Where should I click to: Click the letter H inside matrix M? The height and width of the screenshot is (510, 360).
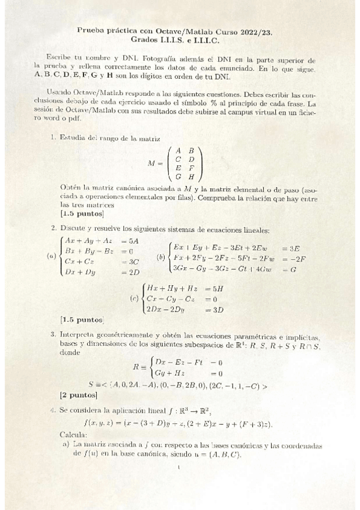pos(191,177)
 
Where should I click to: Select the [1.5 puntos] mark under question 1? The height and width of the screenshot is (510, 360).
pos(82,213)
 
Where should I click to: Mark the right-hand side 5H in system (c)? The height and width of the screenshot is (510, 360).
pos(212,288)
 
